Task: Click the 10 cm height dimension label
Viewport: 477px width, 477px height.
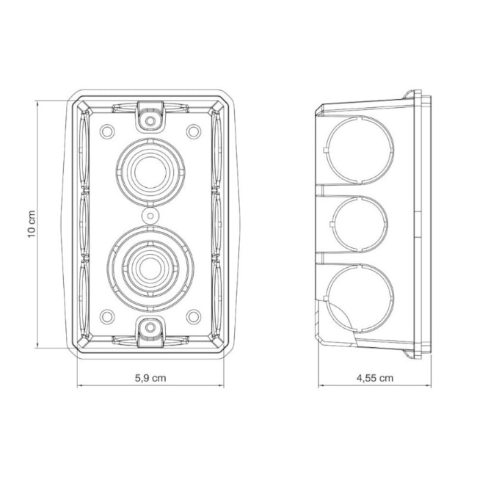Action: (32, 224)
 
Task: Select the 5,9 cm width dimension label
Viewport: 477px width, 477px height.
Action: (150, 378)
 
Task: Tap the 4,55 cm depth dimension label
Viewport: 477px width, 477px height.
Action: (375, 378)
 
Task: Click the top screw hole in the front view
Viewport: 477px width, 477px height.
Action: (150, 121)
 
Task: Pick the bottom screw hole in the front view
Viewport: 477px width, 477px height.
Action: (150, 327)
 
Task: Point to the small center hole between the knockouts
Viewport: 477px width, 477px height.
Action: (150, 216)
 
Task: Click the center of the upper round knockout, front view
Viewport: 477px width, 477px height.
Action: (150, 172)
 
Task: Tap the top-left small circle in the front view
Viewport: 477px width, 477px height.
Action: (107, 131)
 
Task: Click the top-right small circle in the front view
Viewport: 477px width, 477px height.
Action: (194, 131)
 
